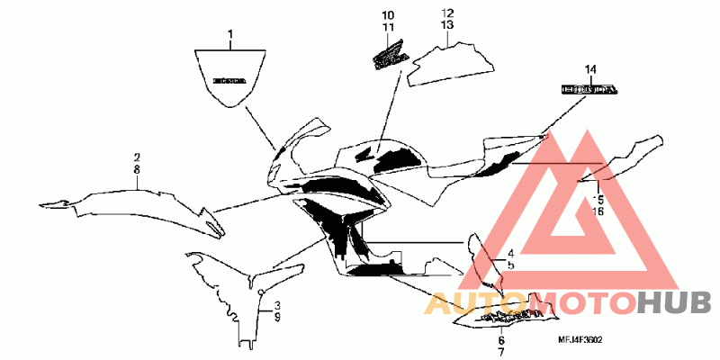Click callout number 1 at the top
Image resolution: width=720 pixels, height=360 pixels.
(x=229, y=37)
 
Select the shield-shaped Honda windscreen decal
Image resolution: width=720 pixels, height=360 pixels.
(x=230, y=77)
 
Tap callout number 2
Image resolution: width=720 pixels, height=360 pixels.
(x=137, y=157)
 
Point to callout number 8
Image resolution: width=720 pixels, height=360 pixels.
(x=137, y=168)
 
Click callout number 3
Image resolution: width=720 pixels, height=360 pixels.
(x=277, y=306)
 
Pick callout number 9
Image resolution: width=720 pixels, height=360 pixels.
(x=277, y=318)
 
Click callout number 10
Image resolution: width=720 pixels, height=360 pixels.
(x=387, y=16)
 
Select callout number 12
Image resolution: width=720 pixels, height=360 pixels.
(x=446, y=13)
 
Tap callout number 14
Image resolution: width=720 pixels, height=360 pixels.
(x=591, y=69)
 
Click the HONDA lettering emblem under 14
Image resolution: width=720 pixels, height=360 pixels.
(x=590, y=89)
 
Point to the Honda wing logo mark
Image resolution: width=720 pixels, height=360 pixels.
(x=388, y=60)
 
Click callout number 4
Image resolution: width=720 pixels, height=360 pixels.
(x=509, y=254)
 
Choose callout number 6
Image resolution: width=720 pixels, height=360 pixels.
(x=501, y=340)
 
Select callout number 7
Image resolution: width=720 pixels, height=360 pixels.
(x=501, y=351)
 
